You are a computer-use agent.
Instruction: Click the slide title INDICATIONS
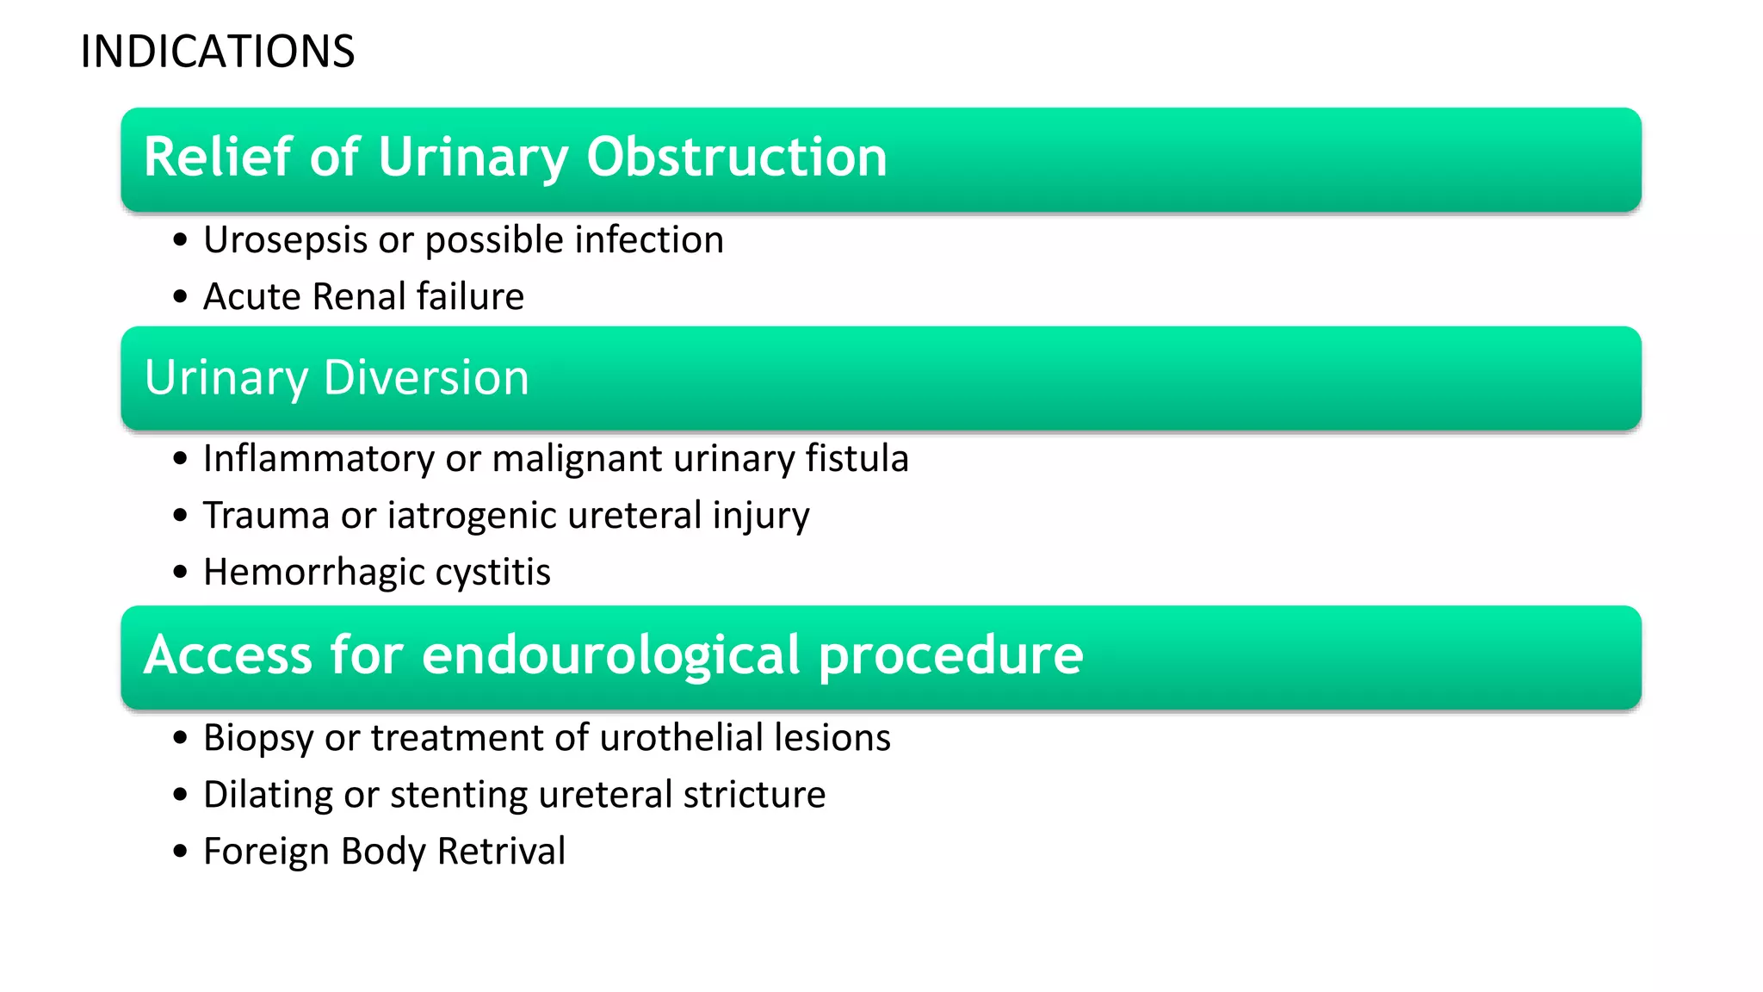click(x=217, y=52)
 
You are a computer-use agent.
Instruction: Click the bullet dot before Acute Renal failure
click(x=180, y=297)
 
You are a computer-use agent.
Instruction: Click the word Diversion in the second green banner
click(x=426, y=378)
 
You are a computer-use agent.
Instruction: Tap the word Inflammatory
click(x=318, y=459)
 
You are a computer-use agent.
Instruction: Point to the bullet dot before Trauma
click(x=180, y=516)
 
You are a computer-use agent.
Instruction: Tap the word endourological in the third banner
click(x=611, y=655)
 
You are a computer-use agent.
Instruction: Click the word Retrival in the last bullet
click(x=501, y=852)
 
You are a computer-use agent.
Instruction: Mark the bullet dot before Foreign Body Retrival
click(x=180, y=852)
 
